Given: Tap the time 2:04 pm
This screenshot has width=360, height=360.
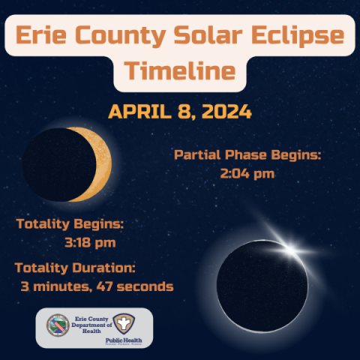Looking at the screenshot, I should [x=247, y=174].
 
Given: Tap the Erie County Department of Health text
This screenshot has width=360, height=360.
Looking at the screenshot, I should [x=91, y=325].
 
